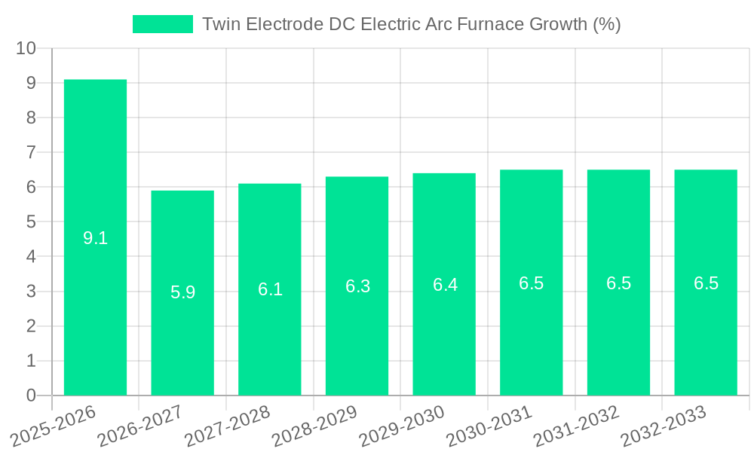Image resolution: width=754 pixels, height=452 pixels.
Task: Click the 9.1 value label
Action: (95, 239)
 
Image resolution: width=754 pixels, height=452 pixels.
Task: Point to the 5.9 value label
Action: (182, 292)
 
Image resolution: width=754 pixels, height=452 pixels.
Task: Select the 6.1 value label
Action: (270, 289)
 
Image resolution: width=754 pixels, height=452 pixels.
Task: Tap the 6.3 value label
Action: (357, 286)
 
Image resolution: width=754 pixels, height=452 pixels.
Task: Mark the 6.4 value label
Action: (445, 285)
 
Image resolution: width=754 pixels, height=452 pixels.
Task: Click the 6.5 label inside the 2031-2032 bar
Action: (618, 283)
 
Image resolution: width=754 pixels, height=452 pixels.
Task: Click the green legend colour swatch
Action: (162, 24)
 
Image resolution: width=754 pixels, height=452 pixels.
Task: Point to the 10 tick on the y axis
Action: (26, 48)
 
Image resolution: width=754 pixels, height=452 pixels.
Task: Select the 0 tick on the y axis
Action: (31, 395)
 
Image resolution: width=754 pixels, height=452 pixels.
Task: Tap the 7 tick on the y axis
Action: (31, 152)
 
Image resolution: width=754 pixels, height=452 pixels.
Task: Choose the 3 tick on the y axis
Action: (31, 292)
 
